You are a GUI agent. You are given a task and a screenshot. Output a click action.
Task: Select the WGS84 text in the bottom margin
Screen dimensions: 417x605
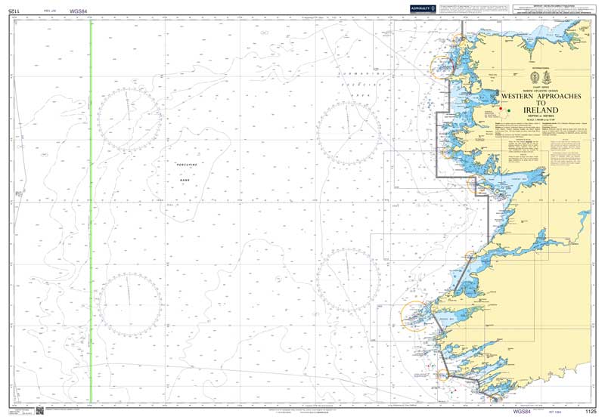coord(522,411)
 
